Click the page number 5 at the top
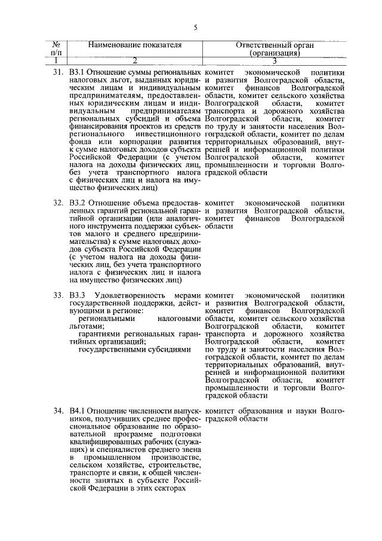195,27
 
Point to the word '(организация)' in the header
275,53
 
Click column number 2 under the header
135,60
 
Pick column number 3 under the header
275,60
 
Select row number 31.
57,72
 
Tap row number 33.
57,295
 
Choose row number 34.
57,411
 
